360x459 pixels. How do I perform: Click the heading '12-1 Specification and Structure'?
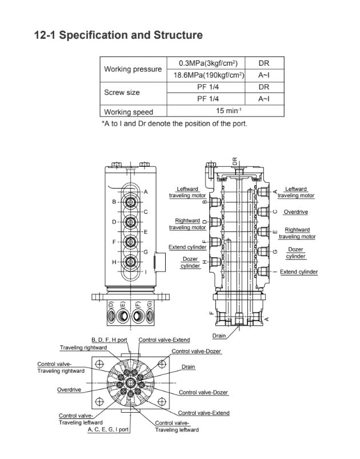pos(118,35)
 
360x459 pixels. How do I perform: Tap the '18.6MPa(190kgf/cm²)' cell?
pos(209,75)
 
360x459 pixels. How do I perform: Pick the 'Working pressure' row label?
pos(133,69)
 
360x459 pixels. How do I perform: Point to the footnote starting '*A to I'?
pos(174,123)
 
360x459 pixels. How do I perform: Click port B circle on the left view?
pos(131,202)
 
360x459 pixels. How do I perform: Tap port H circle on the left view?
pos(131,262)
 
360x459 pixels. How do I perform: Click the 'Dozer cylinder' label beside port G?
pos(295,253)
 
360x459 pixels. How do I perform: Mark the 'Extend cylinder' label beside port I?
pos(299,272)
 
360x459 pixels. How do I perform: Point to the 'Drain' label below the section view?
pos(219,336)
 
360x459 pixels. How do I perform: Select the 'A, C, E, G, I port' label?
pos(108,429)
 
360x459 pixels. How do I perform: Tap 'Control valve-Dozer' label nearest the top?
pos(197,351)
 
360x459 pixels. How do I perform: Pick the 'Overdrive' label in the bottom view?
pos(69,389)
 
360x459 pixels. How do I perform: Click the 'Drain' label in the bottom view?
pos(188,366)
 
